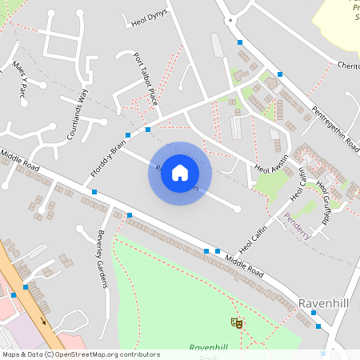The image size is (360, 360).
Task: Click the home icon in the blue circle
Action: click(x=180, y=173)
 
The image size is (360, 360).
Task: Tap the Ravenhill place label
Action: click(x=323, y=304)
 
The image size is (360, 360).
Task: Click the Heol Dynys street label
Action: click(x=149, y=20)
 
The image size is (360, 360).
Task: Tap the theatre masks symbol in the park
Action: click(x=237, y=323)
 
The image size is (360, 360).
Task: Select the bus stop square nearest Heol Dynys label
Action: click(x=240, y=42)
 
